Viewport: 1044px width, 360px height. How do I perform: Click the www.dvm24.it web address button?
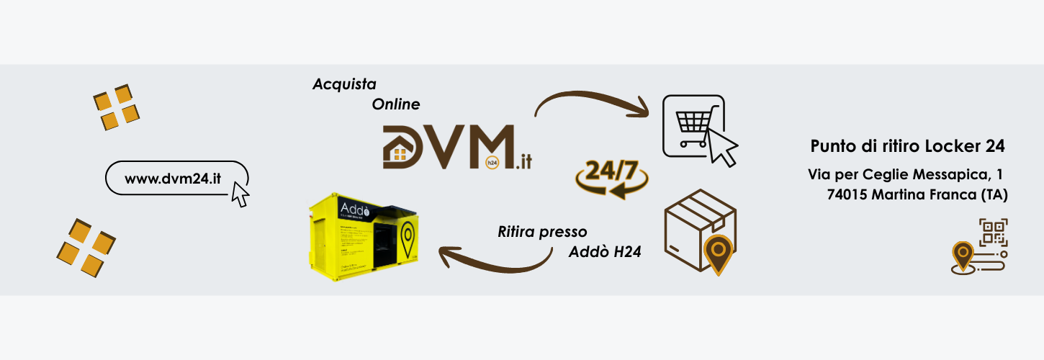[173, 178]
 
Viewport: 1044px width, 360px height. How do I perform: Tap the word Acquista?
[344, 84]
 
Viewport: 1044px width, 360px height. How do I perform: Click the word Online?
[396, 104]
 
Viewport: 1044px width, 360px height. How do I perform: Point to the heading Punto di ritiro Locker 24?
[907, 146]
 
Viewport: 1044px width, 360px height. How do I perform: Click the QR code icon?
[994, 231]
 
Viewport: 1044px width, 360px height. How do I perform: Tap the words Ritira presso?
[542, 232]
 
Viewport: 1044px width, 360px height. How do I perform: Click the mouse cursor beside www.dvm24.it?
[240, 194]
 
